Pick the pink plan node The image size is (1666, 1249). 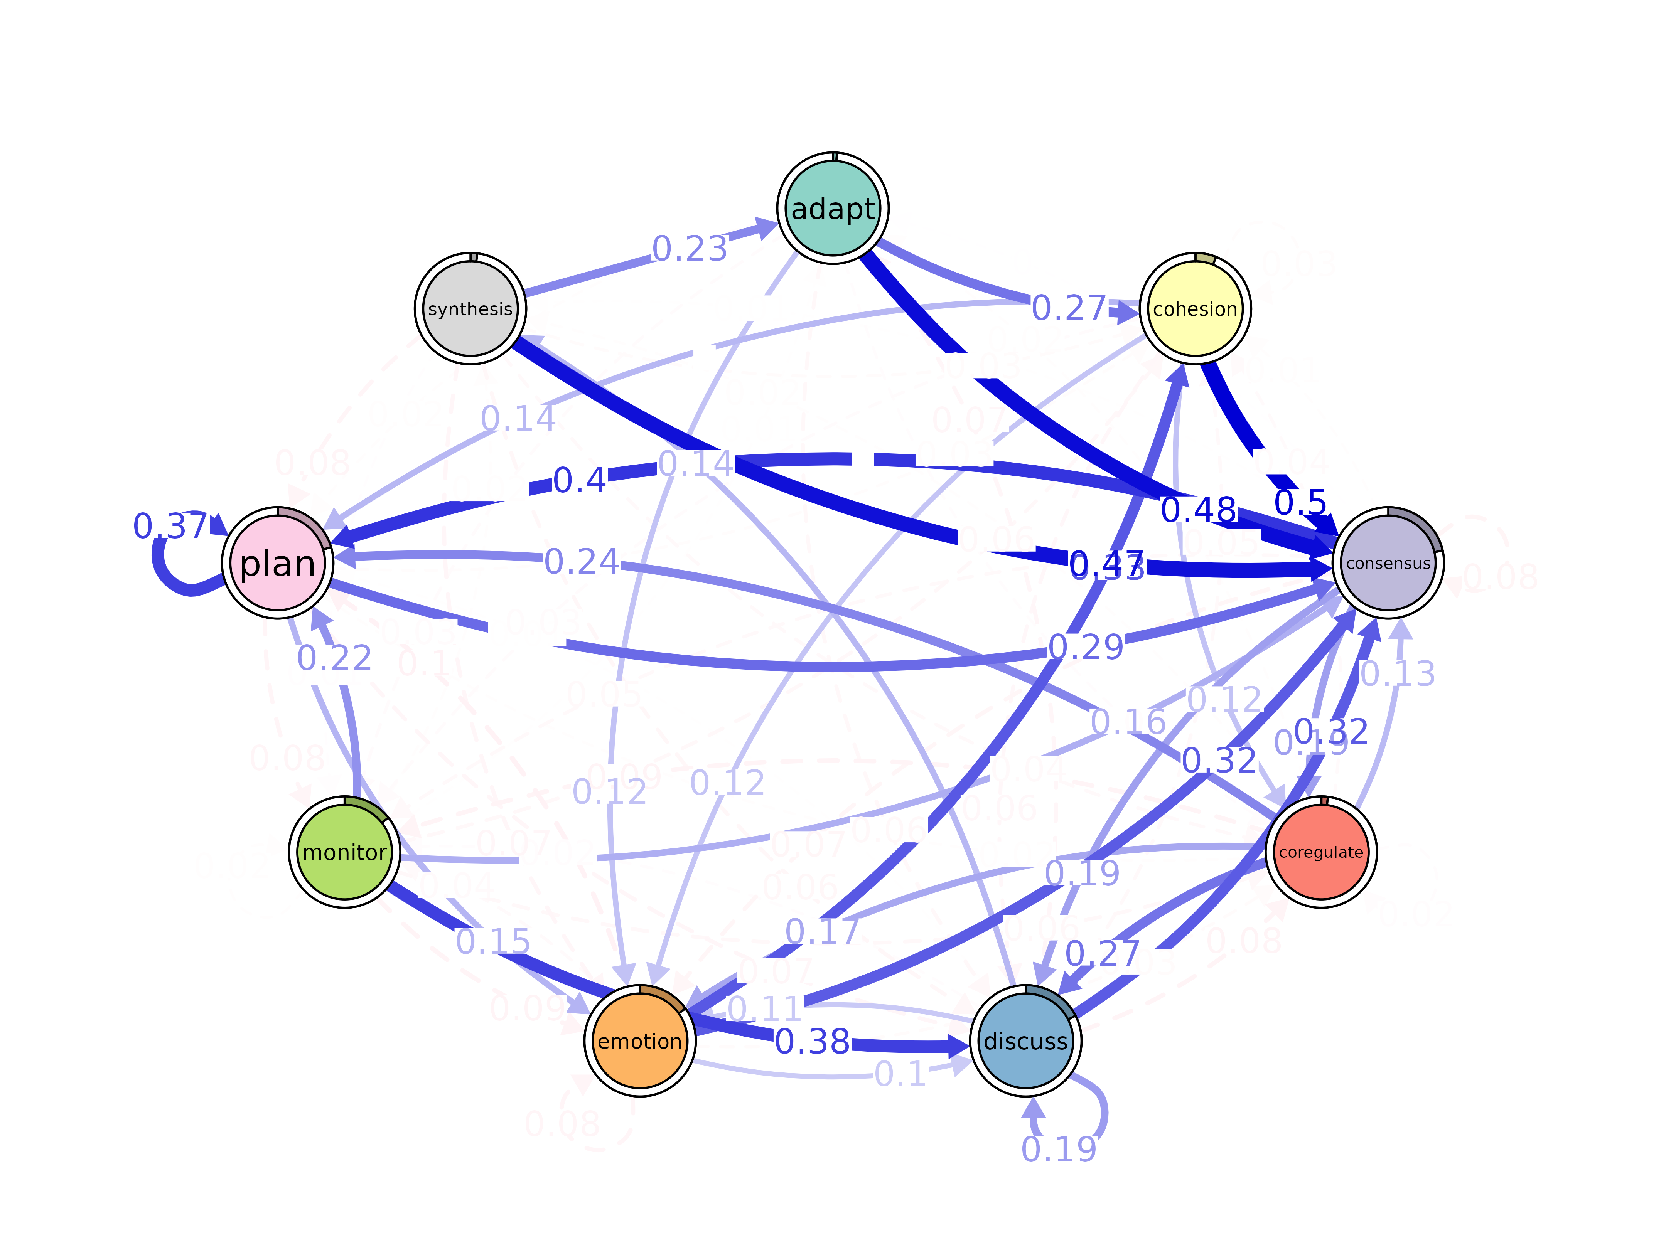(277, 563)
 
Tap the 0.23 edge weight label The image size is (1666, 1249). (689, 248)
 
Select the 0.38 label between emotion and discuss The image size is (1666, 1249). (812, 1041)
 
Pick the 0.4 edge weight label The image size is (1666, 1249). (579, 480)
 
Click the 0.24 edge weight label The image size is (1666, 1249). (582, 562)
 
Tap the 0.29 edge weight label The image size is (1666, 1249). (1086, 647)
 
